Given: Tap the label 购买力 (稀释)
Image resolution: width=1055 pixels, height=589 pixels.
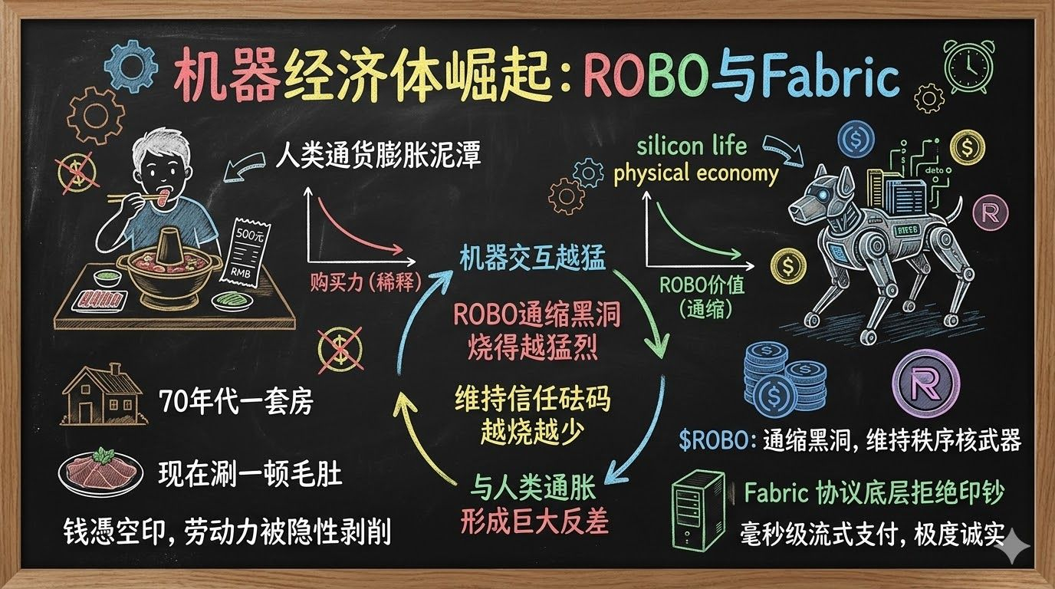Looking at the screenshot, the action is (366, 283).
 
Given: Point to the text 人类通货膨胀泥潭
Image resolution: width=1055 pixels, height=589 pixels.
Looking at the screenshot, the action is (378, 157).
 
